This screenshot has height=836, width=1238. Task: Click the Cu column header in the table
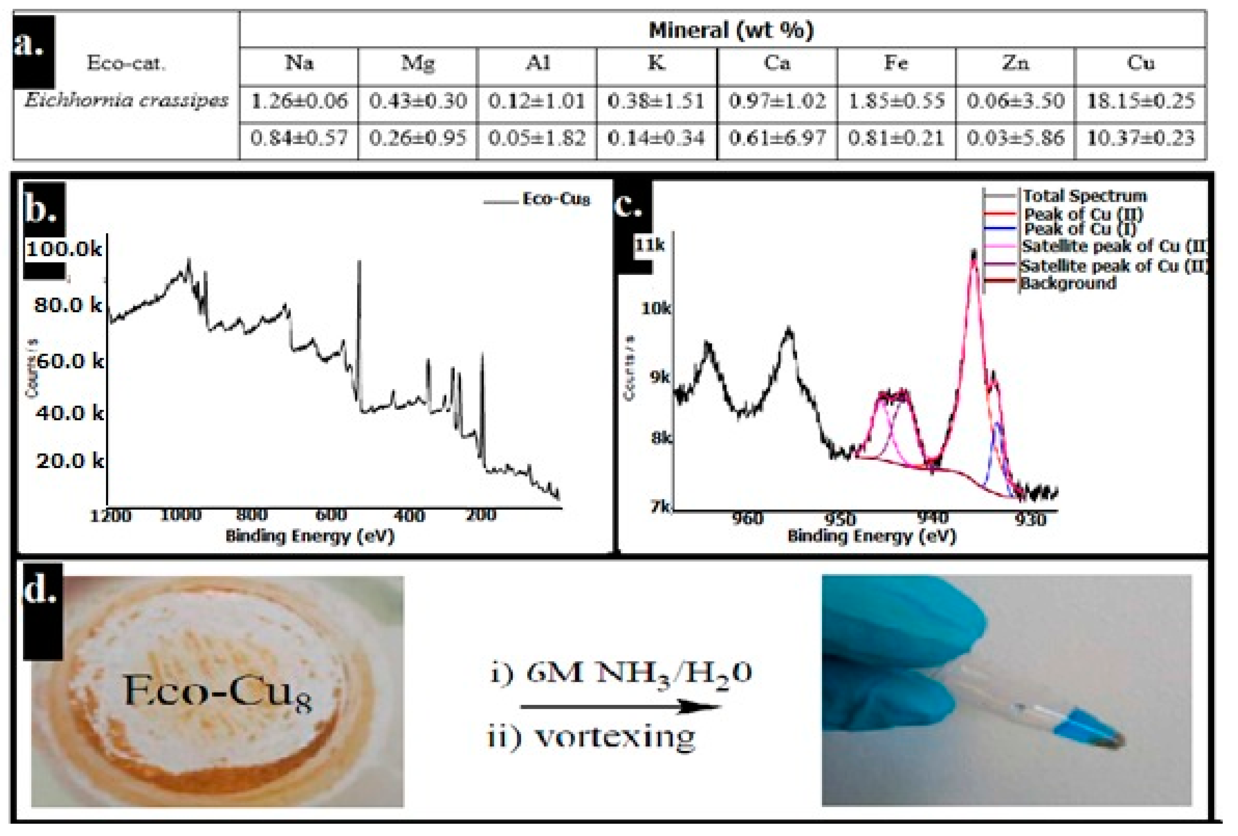click(x=1140, y=63)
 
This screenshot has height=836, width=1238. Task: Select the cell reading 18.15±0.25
click(x=1140, y=100)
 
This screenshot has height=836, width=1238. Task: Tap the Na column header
click(x=299, y=63)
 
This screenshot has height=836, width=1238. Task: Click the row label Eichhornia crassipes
click(x=126, y=100)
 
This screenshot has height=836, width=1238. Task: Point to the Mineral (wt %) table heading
click(x=731, y=30)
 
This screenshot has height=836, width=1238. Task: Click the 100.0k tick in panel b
click(x=64, y=249)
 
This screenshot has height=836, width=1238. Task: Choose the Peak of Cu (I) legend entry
click(x=1079, y=229)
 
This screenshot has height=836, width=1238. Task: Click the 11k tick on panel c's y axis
click(x=650, y=245)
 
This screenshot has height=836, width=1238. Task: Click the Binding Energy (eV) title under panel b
click(x=310, y=536)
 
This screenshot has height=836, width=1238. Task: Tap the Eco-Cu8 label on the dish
click(x=217, y=693)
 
